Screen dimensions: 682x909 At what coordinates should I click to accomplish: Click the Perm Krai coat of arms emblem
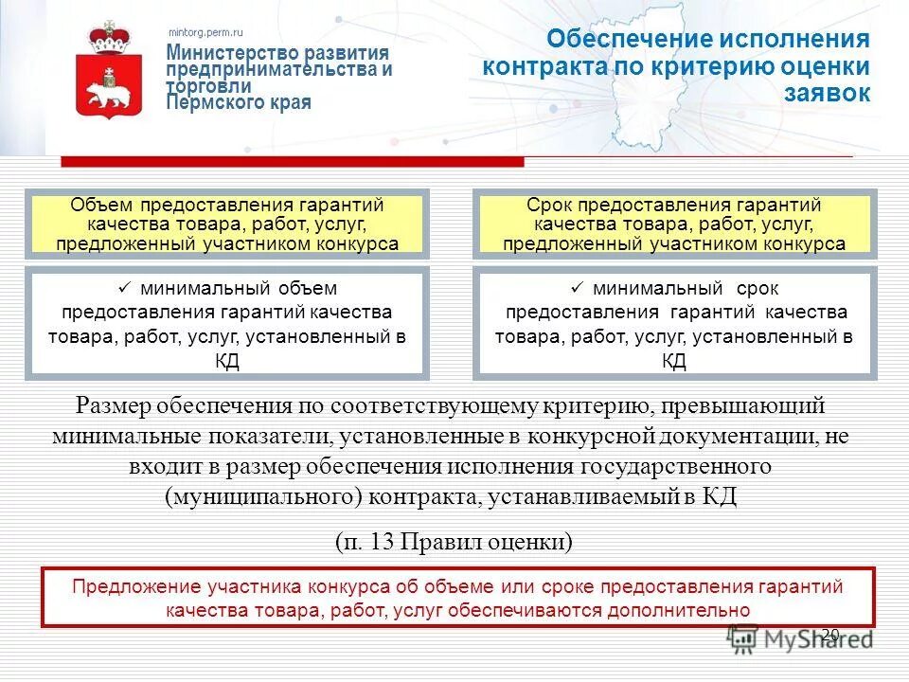click(x=109, y=73)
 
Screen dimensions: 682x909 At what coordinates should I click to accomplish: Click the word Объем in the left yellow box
click(x=103, y=206)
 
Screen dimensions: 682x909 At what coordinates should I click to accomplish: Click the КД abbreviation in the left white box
click(x=226, y=361)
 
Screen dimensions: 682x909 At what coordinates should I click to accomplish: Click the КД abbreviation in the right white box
click(x=673, y=361)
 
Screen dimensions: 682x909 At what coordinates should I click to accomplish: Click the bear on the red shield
click(x=108, y=93)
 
